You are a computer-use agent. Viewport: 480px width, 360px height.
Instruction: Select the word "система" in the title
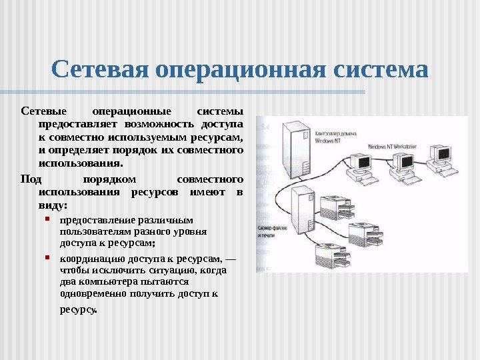tap(378, 69)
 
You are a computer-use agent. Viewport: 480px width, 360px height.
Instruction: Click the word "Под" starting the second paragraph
tap(31, 179)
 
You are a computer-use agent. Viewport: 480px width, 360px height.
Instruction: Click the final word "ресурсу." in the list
tap(78, 310)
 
